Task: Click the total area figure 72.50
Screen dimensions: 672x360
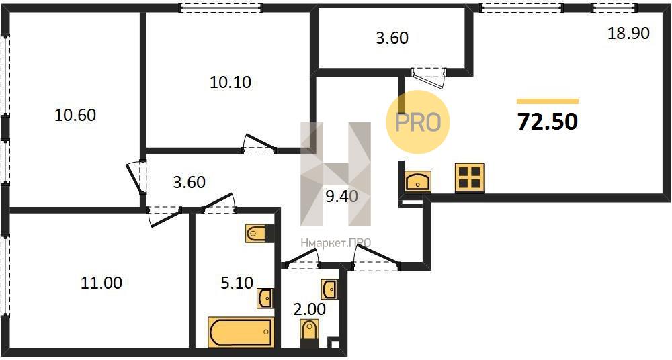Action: tap(548, 122)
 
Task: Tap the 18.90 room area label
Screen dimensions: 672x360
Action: tap(629, 33)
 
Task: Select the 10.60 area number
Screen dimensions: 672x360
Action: tap(75, 115)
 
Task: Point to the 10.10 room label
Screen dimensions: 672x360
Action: tap(230, 82)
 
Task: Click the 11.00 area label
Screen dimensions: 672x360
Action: tap(101, 283)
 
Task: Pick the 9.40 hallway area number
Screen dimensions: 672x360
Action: tap(341, 196)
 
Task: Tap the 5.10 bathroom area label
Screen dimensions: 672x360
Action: tap(237, 283)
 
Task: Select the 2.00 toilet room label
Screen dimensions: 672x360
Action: tap(309, 308)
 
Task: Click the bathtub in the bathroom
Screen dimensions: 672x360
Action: tap(241, 332)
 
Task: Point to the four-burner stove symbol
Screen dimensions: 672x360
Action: tap(469, 177)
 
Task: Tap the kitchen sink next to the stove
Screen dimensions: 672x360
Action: tap(418, 181)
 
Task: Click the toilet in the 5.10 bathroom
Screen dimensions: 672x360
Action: tap(259, 234)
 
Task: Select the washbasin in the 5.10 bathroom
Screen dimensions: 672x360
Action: tap(265, 298)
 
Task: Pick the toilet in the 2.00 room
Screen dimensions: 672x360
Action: tap(308, 333)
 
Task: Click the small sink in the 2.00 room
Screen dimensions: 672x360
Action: tap(329, 289)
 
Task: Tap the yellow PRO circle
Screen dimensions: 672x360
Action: tap(418, 122)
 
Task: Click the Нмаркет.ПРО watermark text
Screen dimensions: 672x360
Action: tap(335, 243)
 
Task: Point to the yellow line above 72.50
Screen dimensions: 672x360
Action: tap(548, 101)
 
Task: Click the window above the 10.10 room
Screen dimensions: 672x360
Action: tap(220, 7)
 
